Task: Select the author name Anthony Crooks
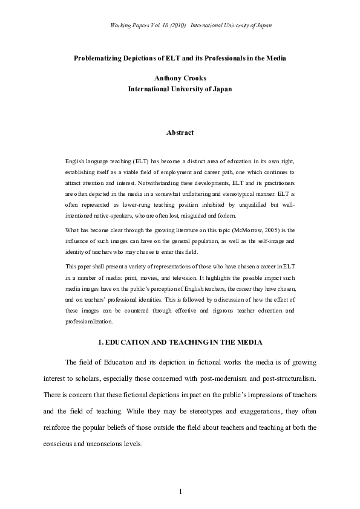(x=180, y=77)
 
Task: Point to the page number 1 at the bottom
(x=180, y=491)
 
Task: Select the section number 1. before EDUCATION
(x=101, y=343)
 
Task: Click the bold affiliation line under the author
(x=180, y=88)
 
